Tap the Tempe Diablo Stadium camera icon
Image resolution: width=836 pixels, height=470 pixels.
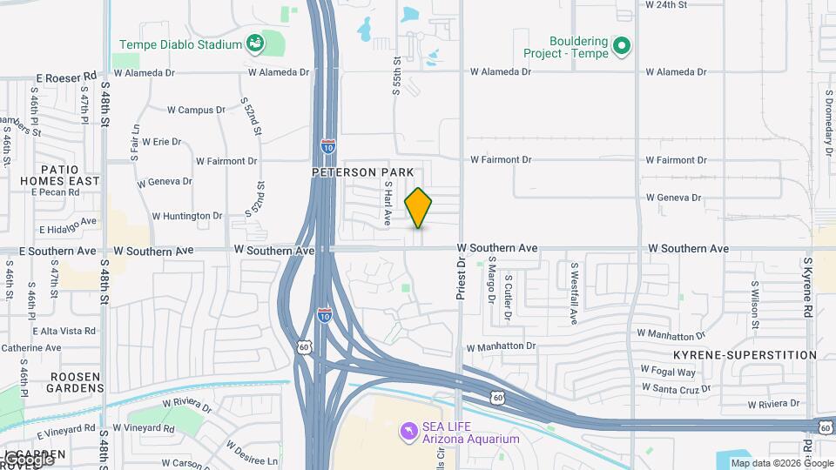[x=254, y=44]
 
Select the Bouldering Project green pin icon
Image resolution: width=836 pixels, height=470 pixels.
[x=621, y=46]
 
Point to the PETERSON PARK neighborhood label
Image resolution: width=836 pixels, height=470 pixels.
[x=363, y=172]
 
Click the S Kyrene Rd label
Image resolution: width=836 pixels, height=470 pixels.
[x=808, y=287]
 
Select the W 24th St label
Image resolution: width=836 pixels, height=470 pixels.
[x=666, y=4]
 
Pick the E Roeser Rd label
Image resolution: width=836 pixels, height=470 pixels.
[x=66, y=77]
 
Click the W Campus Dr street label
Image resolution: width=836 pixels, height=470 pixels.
[x=196, y=111]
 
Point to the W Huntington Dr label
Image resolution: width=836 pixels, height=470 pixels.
[x=187, y=216]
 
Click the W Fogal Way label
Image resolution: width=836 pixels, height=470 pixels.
[x=668, y=371]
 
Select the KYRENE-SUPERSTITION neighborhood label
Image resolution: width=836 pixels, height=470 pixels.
[x=745, y=355]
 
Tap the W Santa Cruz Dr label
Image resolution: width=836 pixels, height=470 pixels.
[x=676, y=388]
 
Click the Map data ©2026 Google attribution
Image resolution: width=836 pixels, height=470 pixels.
[x=781, y=463]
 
